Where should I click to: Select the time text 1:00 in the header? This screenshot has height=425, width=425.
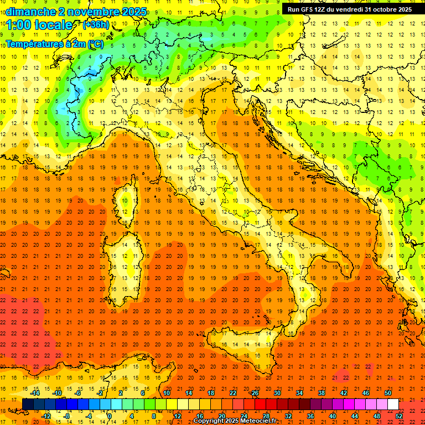point(18,25)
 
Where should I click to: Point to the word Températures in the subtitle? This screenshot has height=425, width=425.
point(32,43)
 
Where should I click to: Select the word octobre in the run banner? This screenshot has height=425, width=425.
point(388,9)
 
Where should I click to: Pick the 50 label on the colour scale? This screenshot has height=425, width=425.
point(388,393)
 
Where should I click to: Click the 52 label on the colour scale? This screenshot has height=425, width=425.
point(399,416)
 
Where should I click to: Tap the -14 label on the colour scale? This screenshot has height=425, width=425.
point(34,393)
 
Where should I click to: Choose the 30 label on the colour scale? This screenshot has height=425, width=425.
point(277,393)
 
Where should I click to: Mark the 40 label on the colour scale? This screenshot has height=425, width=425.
point(333,416)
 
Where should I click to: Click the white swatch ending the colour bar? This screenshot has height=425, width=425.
point(393,405)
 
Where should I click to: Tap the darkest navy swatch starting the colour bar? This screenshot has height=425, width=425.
point(28,405)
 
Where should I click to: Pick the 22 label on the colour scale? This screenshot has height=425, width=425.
point(233,393)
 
